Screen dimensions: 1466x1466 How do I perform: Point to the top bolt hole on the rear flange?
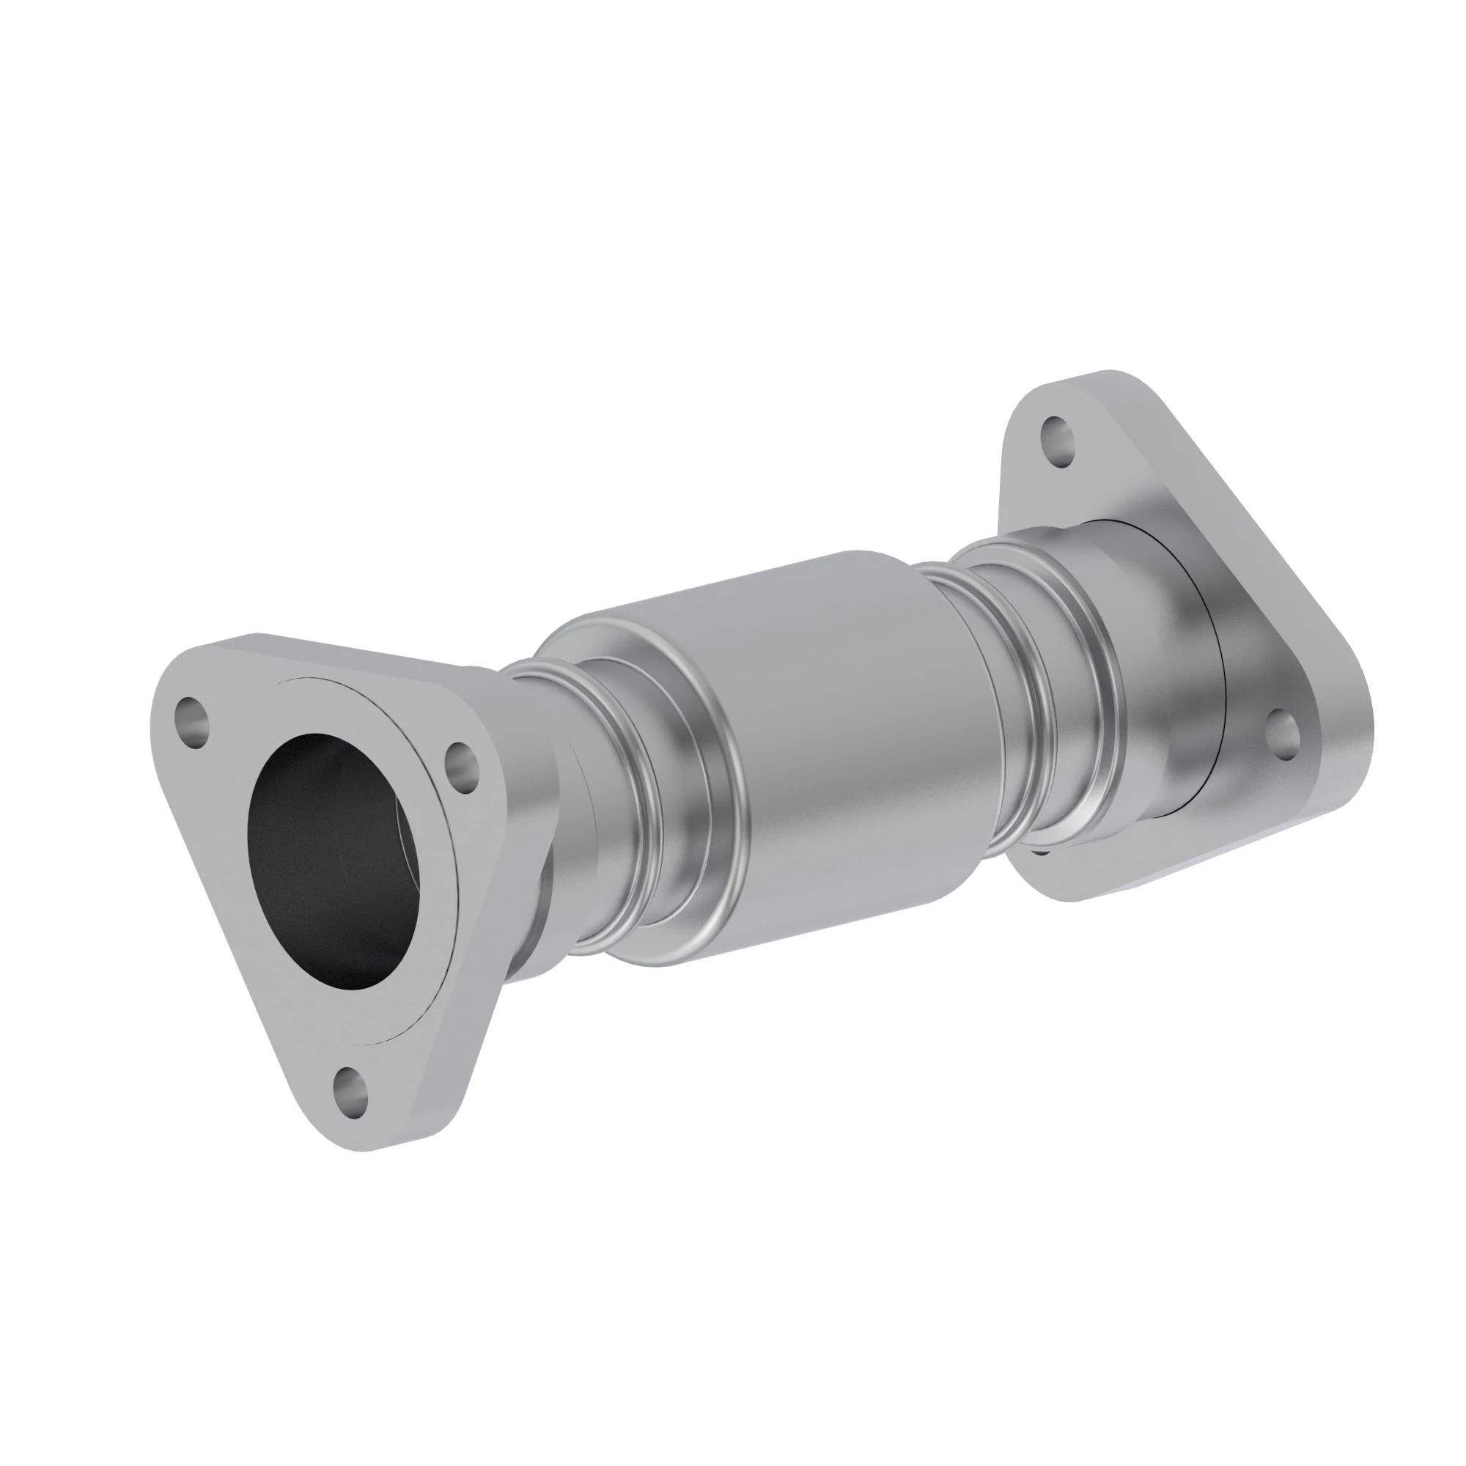point(1056,441)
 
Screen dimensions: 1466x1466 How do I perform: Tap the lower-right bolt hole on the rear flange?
point(1282,734)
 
